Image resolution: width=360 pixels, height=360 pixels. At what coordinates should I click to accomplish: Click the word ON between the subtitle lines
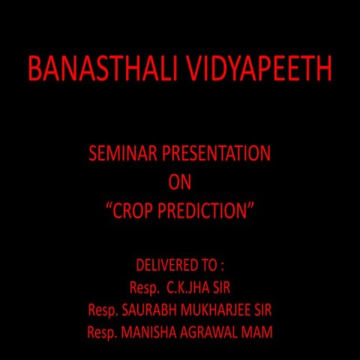click(x=180, y=183)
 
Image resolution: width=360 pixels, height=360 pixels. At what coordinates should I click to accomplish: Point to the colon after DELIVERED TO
click(x=223, y=266)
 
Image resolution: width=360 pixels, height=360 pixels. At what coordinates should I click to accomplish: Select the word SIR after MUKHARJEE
click(x=260, y=309)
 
